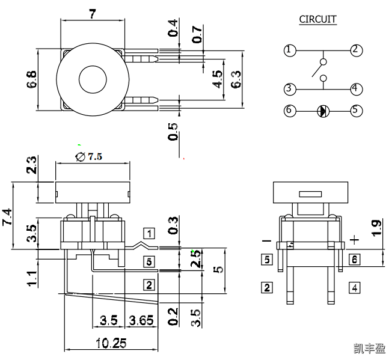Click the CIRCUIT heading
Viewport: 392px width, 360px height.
point(317,20)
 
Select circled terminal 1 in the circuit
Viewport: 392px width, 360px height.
point(290,50)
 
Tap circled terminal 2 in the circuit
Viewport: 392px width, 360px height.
point(356,50)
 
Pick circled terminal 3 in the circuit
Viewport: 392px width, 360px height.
point(290,89)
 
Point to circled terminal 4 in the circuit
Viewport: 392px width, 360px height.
point(356,89)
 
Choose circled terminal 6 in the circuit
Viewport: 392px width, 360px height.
point(290,111)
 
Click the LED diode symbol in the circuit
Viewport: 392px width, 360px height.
point(323,111)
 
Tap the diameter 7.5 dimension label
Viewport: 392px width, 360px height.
point(89,156)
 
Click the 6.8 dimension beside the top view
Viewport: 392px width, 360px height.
point(31,79)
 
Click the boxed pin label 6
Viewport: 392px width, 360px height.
point(355,260)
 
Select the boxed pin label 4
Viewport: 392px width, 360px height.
point(355,287)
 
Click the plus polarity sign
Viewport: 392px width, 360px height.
point(355,240)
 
